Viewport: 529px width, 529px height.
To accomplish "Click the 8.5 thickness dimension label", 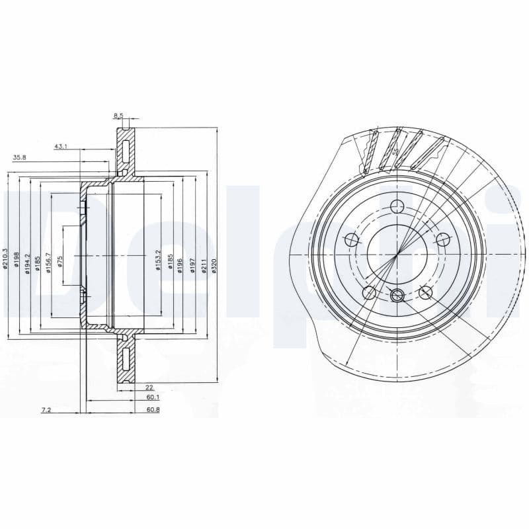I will coord(119,116).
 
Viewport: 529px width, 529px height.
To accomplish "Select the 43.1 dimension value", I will coord(61,145).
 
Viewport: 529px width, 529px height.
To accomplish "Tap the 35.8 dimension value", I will coord(20,157).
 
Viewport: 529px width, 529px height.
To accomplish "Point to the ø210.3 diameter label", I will coord(6,258).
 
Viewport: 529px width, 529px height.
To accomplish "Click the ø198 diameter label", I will coord(17,259).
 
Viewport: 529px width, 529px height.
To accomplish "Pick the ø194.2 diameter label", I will coord(28,262).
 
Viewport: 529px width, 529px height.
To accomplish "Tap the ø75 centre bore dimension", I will coord(60,261).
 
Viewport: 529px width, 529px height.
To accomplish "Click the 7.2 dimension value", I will coord(46,410).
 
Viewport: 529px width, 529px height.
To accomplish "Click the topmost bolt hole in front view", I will coord(397,205).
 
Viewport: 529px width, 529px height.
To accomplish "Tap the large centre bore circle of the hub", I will coord(397,253).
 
